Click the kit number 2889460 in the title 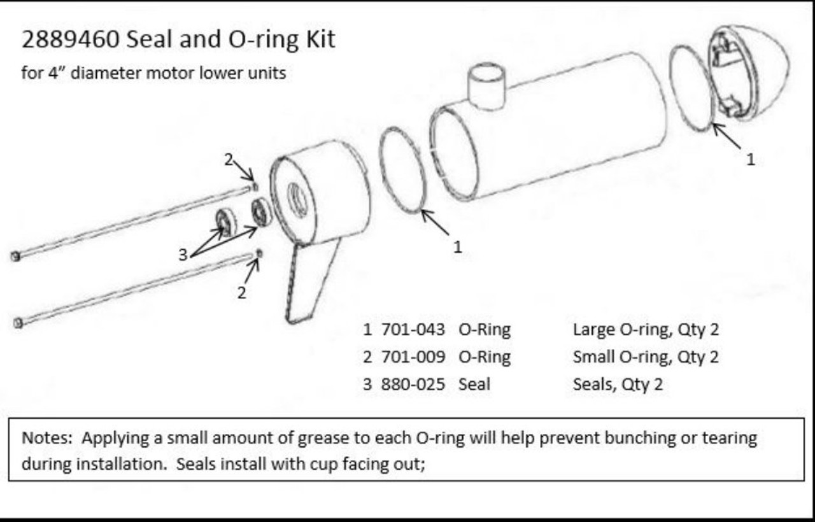point(69,39)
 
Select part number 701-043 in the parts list point(413,330)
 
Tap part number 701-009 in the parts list point(413,357)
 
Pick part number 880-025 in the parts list point(413,384)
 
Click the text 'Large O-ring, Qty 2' point(646,330)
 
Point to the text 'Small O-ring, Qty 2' point(646,357)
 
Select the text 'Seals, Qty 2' point(618,384)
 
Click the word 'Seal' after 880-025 point(474,384)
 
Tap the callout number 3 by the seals point(183,255)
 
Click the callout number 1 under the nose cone point(750,160)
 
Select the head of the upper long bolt point(15,256)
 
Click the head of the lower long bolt point(18,323)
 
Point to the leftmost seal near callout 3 point(224,221)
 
